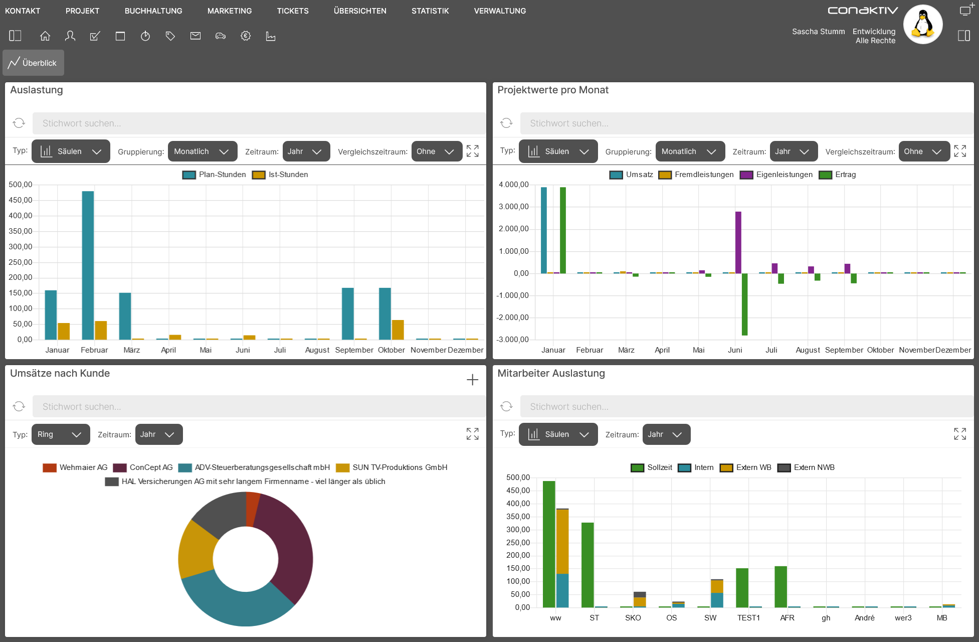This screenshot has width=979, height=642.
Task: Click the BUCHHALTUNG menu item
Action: click(153, 11)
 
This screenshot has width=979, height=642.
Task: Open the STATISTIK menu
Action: click(430, 11)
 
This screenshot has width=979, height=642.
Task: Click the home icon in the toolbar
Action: click(45, 36)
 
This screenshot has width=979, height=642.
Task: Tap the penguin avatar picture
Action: click(923, 24)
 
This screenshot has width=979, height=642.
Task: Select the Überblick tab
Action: click(34, 63)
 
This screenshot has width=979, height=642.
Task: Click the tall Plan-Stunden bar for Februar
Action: click(88, 265)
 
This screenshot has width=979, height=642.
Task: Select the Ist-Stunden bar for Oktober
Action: click(398, 330)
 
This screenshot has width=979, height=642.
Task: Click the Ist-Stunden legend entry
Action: click(280, 175)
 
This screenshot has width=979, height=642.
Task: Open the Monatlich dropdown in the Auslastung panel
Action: click(202, 151)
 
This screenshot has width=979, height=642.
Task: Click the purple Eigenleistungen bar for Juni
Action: click(738, 242)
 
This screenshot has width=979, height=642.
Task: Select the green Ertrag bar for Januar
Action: click(563, 230)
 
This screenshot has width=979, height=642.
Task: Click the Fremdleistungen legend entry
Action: click(696, 175)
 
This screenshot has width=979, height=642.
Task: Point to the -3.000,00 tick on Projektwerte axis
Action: click(513, 340)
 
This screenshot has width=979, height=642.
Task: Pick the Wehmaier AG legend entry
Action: click(75, 467)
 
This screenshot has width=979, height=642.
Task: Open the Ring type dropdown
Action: click(61, 434)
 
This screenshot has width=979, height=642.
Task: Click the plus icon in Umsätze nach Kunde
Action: click(472, 380)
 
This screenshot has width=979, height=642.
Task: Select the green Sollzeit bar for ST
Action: click(588, 565)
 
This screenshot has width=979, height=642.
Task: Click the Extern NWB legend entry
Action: click(806, 467)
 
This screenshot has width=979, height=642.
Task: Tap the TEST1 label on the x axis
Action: click(748, 618)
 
